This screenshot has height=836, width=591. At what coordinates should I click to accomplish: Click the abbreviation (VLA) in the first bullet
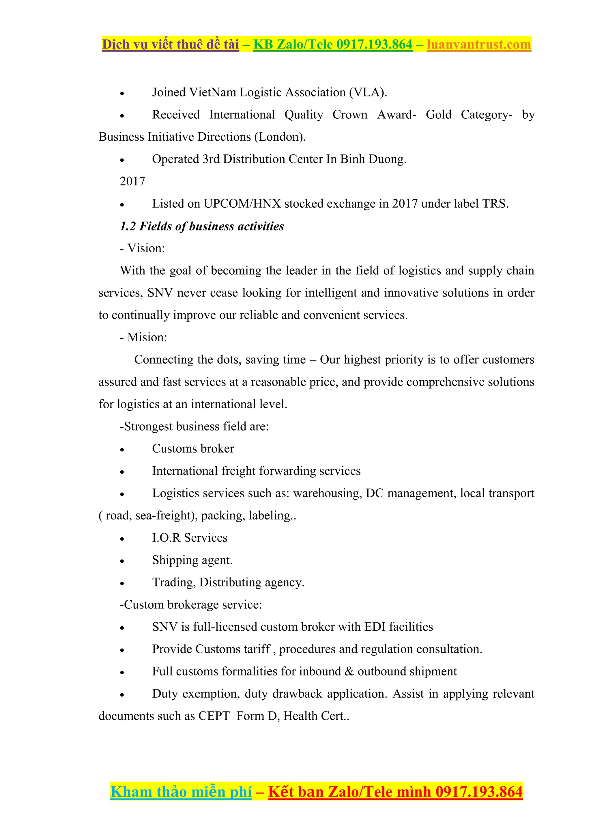tap(368, 92)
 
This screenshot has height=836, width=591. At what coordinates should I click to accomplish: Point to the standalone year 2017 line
tap(132, 181)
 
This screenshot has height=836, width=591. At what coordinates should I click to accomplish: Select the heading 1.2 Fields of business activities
tap(202, 226)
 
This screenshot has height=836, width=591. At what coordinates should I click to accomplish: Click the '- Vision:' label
tap(142, 248)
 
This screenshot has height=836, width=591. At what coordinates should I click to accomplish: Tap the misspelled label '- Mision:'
tap(143, 337)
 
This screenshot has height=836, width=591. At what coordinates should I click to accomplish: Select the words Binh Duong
tap(373, 159)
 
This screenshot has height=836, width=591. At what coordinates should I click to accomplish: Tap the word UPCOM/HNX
tap(242, 204)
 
